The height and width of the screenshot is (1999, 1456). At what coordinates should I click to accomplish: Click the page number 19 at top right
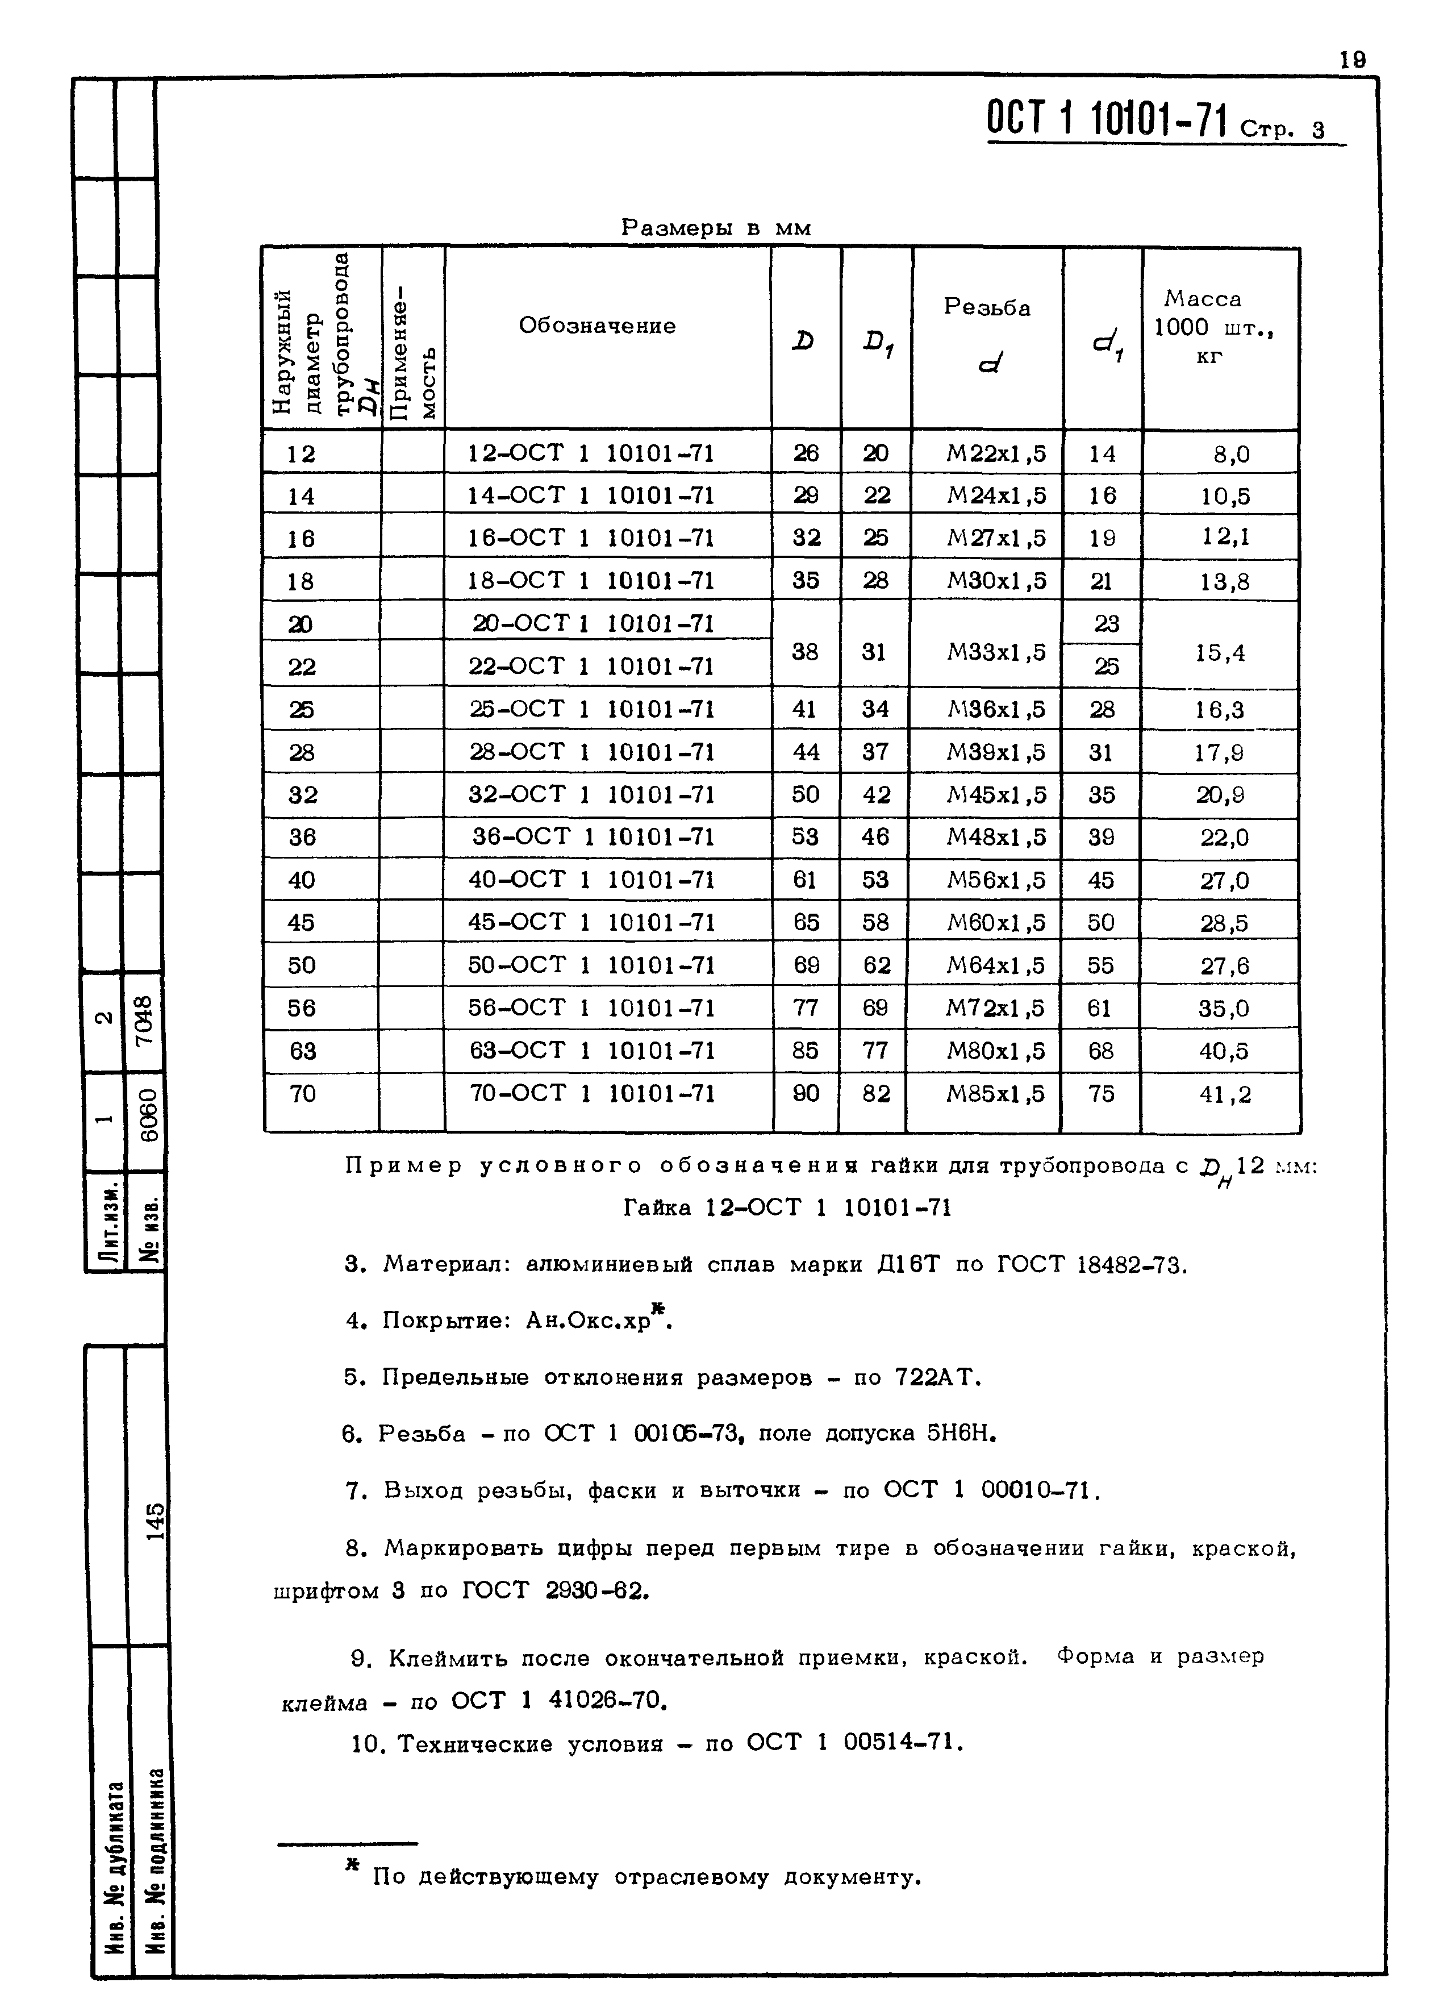1352,59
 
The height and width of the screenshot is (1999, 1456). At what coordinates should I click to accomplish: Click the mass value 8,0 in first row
1230,455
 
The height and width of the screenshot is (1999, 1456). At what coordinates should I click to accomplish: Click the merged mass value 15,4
1220,653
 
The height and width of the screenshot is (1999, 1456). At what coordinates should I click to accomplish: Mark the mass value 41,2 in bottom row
1224,1095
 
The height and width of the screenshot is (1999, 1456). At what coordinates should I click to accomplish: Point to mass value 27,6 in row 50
1224,966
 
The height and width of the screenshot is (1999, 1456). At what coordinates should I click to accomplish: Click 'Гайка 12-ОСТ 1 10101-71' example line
787,1207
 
